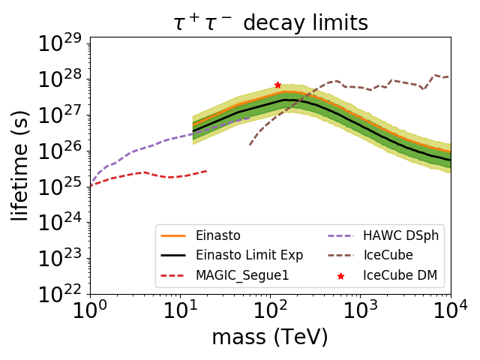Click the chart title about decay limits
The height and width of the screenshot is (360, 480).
270,22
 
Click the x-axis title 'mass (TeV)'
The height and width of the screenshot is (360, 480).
270,337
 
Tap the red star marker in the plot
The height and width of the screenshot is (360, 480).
277,85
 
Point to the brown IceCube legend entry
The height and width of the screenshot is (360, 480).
388,256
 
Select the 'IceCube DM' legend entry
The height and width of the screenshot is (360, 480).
399,276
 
